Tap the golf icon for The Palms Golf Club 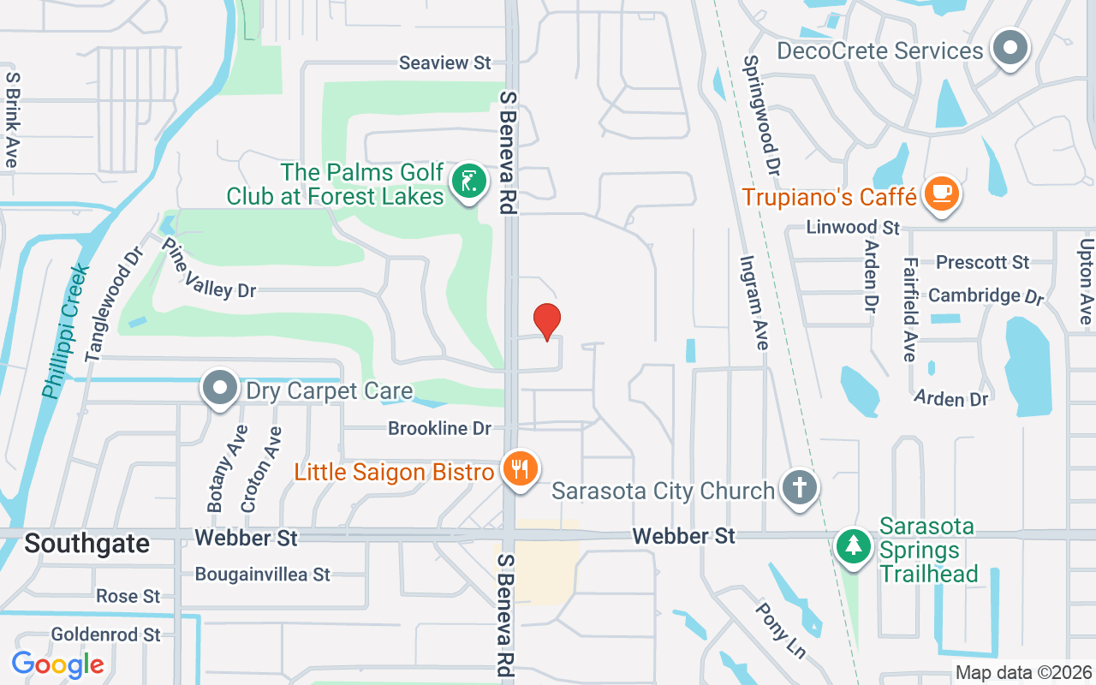468,182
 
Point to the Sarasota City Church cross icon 799,488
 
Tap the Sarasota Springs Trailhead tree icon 853,545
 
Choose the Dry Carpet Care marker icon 220,389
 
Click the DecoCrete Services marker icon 1010,48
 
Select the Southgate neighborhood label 86,544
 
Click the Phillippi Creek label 66,331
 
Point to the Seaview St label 445,63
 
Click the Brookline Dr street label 440,428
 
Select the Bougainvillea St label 263,575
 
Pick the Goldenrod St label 106,634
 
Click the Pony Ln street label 780,630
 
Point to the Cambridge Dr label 986,295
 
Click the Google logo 57,664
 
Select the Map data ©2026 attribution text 1024,672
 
